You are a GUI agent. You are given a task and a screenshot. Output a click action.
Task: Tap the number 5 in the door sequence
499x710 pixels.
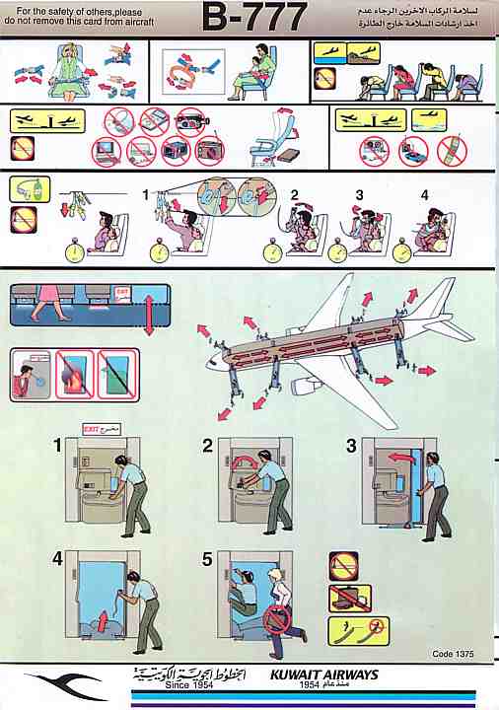[207, 559]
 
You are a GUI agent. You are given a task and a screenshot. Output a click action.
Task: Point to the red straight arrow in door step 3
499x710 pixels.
[397, 457]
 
